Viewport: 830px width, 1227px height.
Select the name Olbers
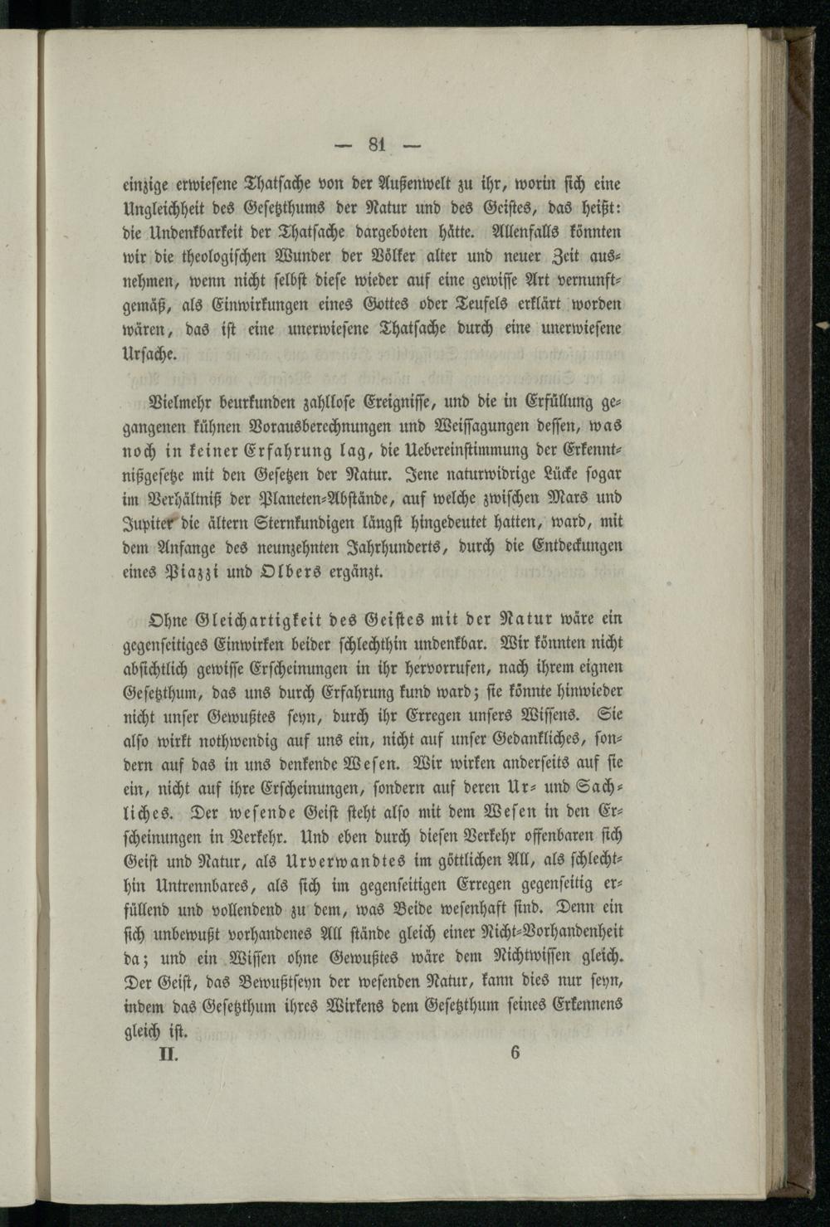click(283, 572)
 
